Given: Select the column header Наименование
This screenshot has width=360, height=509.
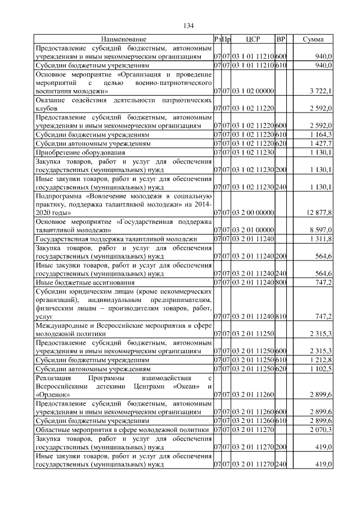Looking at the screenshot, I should (124, 39).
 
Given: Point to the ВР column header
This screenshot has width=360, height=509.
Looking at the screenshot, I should (281, 39).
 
